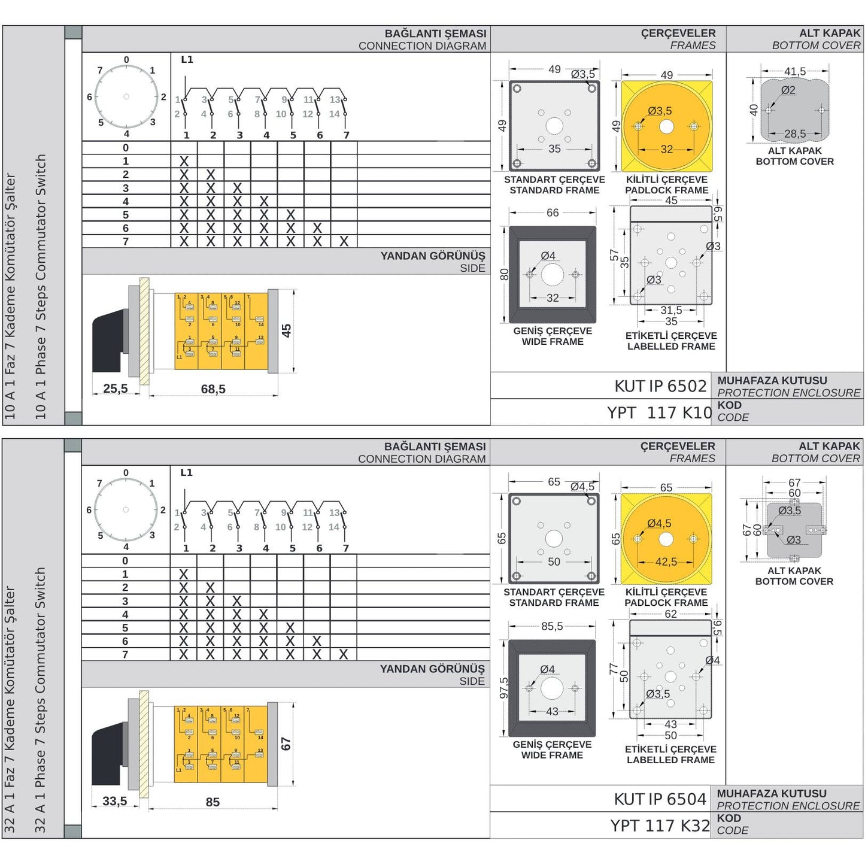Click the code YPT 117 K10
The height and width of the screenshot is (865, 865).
659,412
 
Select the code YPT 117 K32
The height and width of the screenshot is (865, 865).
660,825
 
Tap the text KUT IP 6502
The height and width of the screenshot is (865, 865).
660,386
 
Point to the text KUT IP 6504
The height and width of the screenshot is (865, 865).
660,799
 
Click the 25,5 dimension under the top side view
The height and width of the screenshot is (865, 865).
116,389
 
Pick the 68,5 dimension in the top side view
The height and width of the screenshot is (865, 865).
213,389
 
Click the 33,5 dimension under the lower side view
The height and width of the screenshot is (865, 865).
115,801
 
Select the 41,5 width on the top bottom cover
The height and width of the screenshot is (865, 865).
795,71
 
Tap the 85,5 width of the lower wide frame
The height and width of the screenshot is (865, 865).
552,626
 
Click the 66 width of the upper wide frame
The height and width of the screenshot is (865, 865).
553,213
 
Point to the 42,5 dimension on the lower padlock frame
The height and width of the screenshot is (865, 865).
666,562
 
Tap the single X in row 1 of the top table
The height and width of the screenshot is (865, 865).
184,161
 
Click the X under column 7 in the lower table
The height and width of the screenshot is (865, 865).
344,654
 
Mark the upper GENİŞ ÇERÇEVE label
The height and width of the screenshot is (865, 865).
553,331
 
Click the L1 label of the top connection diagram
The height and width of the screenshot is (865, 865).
187,59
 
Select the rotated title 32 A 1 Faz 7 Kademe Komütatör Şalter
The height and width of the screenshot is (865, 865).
10,709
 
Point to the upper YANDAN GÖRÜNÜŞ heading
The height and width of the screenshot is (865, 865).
433,256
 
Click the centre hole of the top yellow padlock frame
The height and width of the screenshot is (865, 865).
666,126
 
